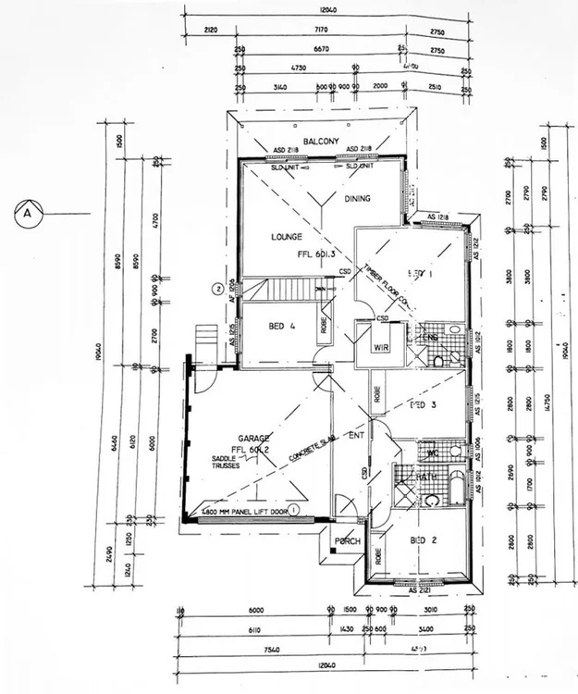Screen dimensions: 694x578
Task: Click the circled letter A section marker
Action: click(28, 212)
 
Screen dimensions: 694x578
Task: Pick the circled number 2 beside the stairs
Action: click(218, 288)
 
